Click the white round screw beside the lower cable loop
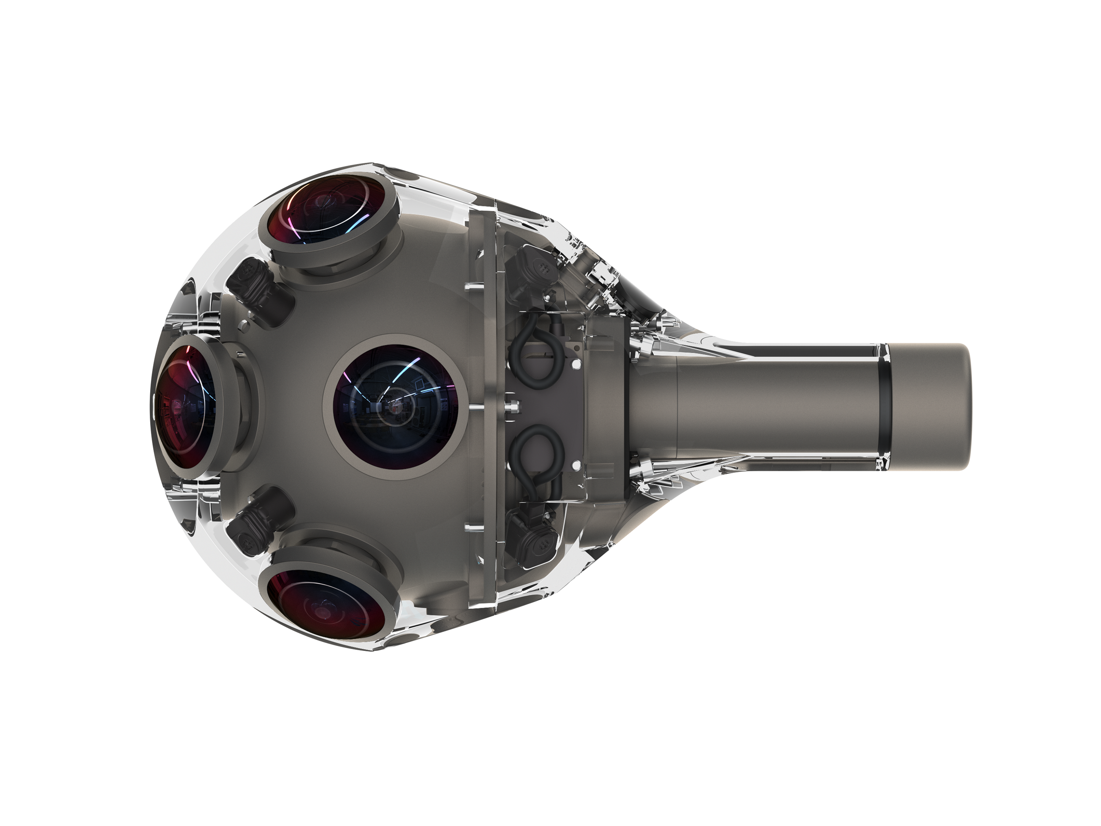[x=576, y=466]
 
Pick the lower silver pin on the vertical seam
[x=471, y=526]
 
